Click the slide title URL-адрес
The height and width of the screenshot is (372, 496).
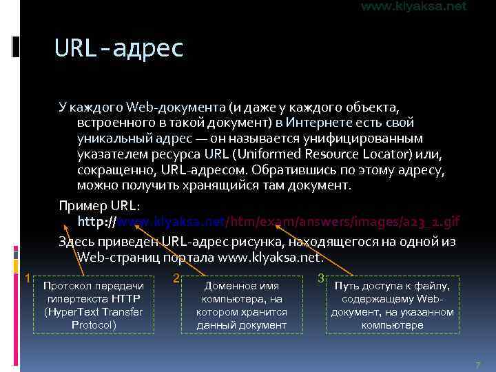tap(118, 48)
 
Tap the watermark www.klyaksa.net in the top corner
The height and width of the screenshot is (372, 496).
tap(413, 6)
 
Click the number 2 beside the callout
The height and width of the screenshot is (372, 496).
tap(176, 278)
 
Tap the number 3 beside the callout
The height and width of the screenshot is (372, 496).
tap(321, 278)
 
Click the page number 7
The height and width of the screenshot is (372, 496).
tap(477, 363)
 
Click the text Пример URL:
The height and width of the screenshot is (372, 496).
tap(99, 207)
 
